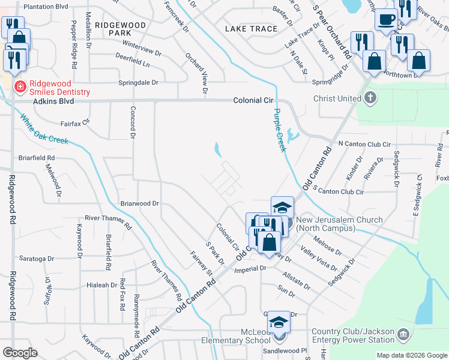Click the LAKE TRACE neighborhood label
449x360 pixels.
click(251, 29)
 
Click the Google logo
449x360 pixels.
click(20, 353)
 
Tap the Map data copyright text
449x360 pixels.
click(411, 355)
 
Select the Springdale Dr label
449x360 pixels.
click(138, 82)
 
